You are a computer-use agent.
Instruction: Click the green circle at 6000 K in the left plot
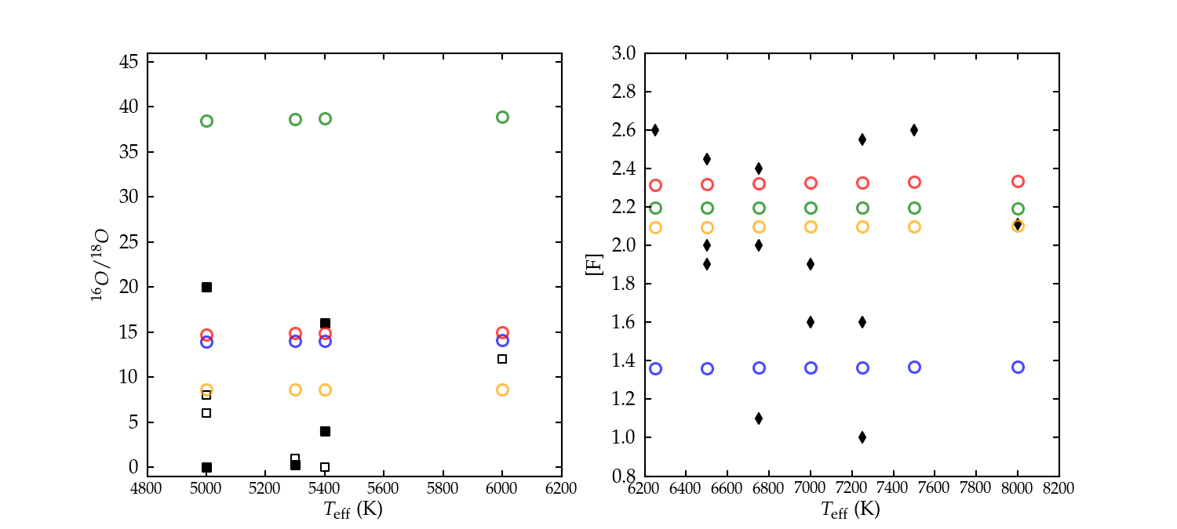[x=502, y=118]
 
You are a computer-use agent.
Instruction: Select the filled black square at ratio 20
[x=206, y=287]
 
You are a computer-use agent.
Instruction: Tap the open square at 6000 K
[x=502, y=359]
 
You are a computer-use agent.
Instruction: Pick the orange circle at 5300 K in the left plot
[x=295, y=390]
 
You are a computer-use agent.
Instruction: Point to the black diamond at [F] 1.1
[x=759, y=418]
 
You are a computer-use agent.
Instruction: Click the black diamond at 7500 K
[x=914, y=130]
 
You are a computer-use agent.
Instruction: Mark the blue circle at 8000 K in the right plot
[x=1018, y=367]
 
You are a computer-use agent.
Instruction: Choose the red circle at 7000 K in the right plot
[x=811, y=183]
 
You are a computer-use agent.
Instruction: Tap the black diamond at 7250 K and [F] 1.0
[x=862, y=437]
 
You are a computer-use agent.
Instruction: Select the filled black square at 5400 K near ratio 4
[x=325, y=431]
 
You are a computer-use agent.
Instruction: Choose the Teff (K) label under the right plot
[x=851, y=509]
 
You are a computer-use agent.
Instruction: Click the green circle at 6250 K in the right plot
[x=655, y=208]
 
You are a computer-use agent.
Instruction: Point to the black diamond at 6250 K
[x=655, y=130]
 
